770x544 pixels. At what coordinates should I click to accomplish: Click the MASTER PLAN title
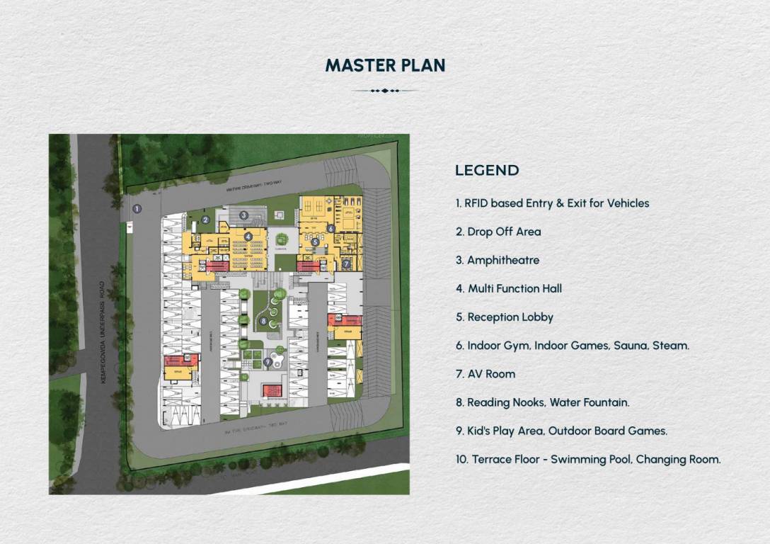(x=385, y=65)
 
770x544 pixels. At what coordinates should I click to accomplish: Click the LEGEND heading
(x=487, y=170)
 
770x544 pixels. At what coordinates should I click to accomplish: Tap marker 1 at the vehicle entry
(x=137, y=209)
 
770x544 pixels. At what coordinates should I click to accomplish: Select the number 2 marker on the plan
(x=205, y=220)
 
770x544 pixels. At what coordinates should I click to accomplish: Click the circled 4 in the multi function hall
(x=248, y=236)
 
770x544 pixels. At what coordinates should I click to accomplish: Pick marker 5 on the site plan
(x=316, y=242)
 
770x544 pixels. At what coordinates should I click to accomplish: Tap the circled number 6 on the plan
(x=331, y=228)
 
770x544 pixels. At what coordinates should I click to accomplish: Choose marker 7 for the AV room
(x=346, y=263)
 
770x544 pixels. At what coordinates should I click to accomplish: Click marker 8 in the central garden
(x=263, y=321)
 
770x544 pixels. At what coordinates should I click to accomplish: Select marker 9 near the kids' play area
(x=268, y=361)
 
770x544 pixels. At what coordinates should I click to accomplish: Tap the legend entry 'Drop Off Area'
(x=504, y=232)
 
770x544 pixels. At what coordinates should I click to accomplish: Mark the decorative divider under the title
(x=385, y=91)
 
